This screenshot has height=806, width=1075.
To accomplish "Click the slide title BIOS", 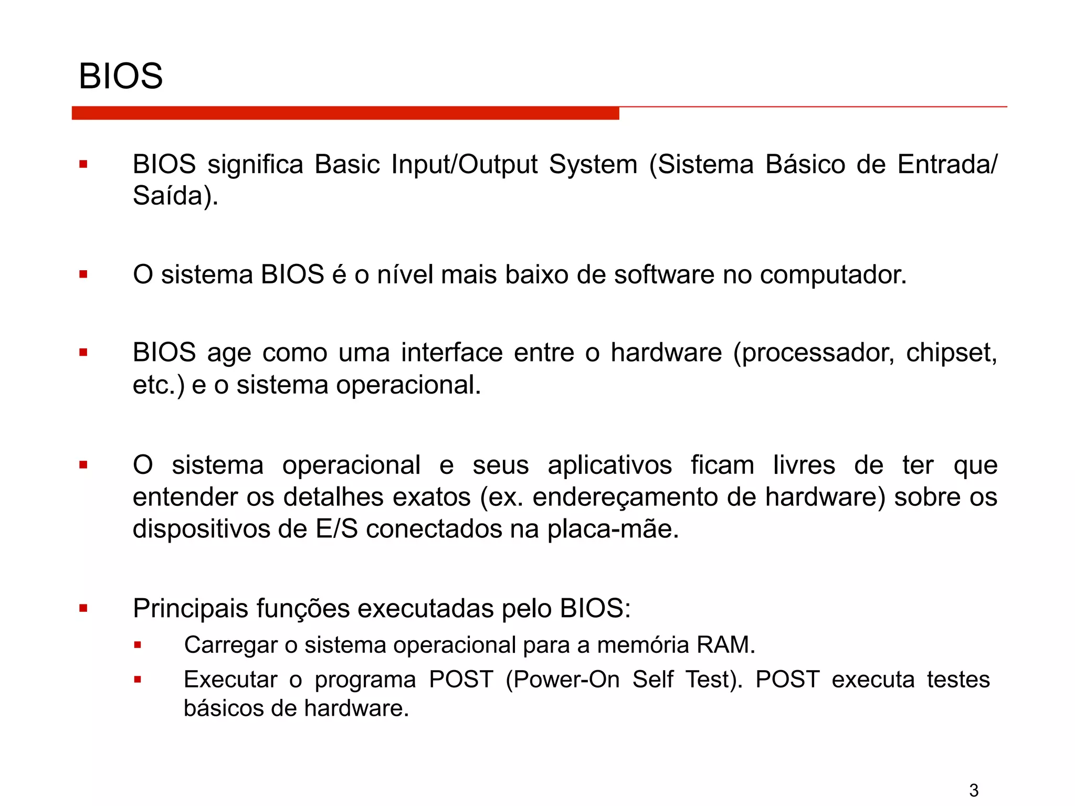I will click(121, 76).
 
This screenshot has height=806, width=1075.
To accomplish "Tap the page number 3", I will click(974, 790).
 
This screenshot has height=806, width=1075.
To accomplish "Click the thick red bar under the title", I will click(345, 113).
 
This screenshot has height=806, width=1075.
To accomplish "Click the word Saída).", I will click(175, 196).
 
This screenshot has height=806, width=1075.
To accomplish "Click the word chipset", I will click(951, 353).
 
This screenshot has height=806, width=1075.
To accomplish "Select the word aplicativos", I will click(609, 465).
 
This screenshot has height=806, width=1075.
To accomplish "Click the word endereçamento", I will click(625, 497).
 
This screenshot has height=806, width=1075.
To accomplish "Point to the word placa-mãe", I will click(613, 529).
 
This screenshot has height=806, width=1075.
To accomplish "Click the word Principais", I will click(190, 609).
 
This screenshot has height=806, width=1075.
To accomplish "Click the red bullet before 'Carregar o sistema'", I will click(138, 645).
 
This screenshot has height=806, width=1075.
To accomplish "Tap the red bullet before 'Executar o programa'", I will click(138, 680).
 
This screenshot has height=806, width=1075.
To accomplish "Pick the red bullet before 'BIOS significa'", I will click(83, 165).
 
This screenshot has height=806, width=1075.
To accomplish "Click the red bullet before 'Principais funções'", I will click(83, 609).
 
